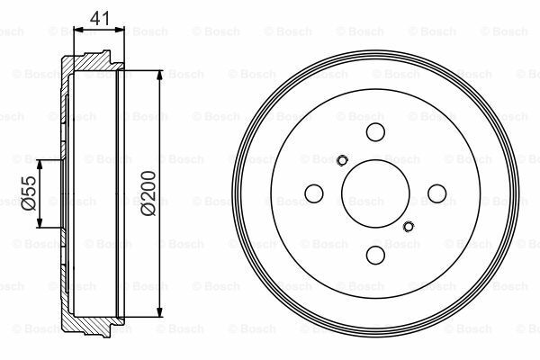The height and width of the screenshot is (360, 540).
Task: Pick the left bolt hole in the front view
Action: pos(314,193)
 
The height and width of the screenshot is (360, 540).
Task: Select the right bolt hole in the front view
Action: pos(437,193)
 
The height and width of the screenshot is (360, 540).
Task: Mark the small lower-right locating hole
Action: pos(409,226)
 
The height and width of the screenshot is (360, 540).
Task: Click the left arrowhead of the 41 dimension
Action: pos(76,31)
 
